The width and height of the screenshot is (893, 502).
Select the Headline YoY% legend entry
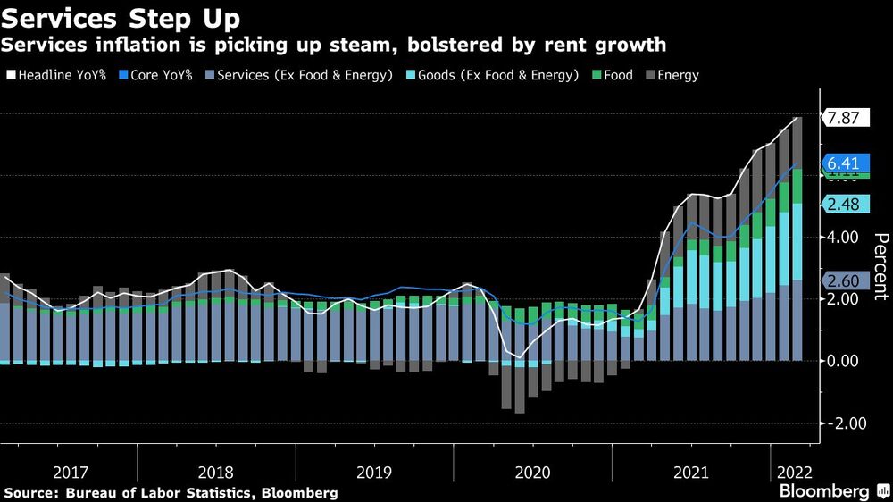55,75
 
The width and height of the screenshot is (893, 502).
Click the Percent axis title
880,266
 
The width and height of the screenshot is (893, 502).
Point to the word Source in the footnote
30,492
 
